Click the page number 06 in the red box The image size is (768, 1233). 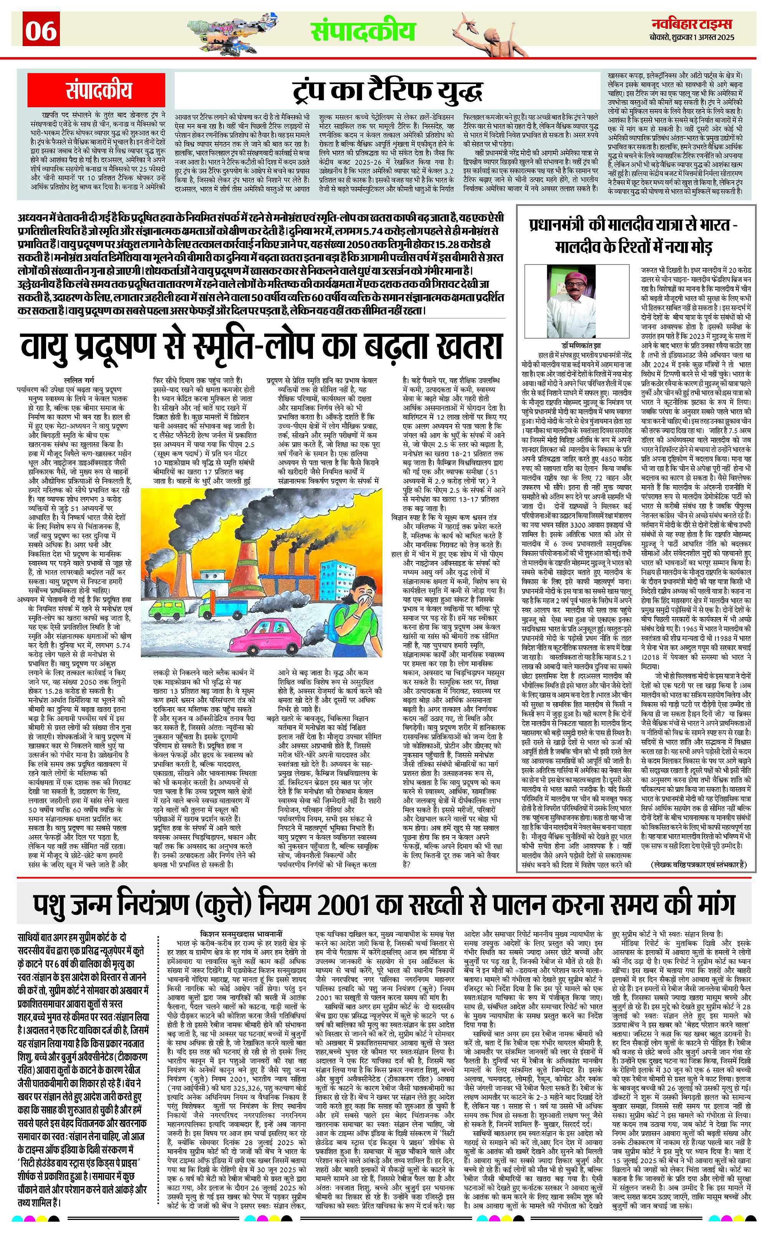41,30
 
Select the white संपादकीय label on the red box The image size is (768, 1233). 99,90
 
